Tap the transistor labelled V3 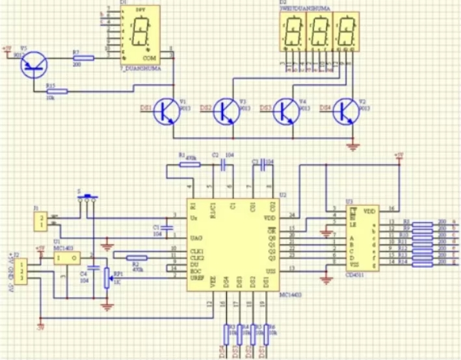pyautogui.click(x=227, y=111)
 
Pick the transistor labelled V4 pyautogui.click(x=285, y=111)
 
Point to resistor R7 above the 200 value pyautogui.click(x=84, y=58)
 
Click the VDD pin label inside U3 pyautogui.click(x=369, y=212)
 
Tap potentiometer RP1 pyautogui.click(x=107, y=276)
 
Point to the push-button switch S pyautogui.click(x=88, y=197)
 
